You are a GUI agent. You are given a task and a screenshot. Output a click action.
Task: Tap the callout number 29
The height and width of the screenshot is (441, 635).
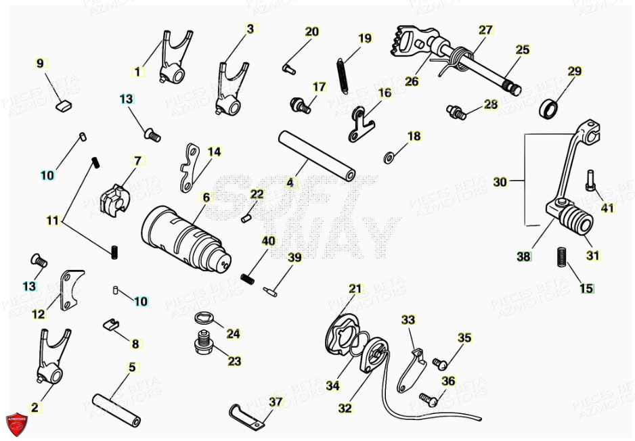tap(575, 71)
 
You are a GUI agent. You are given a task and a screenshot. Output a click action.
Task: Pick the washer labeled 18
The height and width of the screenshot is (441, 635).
tap(390, 158)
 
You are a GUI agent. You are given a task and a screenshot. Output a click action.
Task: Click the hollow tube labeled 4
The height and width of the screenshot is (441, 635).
tap(317, 156)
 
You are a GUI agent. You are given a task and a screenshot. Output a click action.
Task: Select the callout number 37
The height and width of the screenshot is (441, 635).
tap(276, 402)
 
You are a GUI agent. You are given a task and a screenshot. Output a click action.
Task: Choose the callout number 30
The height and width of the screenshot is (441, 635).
tap(500, 181)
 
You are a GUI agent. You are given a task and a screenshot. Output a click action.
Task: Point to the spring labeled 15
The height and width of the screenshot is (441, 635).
tap(561, 258)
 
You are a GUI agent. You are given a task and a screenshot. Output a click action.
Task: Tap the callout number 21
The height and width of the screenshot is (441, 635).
tap(355, 288)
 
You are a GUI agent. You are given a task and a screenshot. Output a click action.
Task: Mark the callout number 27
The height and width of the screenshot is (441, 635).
tap(486, 30)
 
